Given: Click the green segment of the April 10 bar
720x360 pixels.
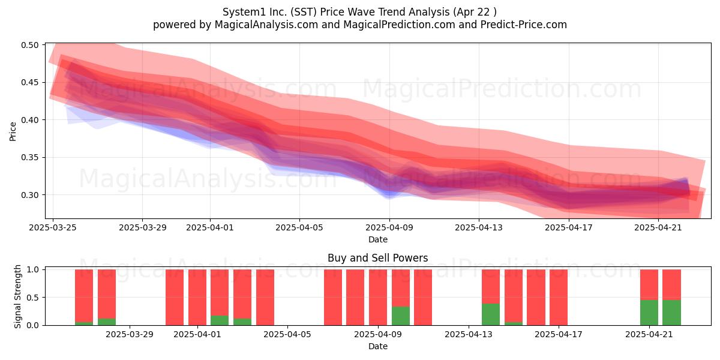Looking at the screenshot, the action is pos(401,316).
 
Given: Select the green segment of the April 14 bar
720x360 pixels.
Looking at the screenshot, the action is pos(491,314).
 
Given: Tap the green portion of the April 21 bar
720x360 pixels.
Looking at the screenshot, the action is pos(649,313).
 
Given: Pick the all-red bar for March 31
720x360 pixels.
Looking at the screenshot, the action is pos(175,298).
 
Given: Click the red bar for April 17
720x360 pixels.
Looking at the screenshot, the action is pos(559,298).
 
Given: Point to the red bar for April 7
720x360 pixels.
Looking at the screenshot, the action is pos(333,298).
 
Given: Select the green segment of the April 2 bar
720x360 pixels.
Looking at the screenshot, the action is pos(220,320).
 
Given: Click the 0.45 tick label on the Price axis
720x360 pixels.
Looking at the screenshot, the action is pos(30,83).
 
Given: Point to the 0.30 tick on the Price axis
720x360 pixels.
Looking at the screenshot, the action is pos(30,195).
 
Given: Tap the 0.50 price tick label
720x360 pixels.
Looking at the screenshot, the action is pos(30,45).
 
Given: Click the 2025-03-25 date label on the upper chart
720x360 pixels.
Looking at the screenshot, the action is pos(53,227).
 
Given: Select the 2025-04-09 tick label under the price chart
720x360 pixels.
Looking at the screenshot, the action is pos(389,227).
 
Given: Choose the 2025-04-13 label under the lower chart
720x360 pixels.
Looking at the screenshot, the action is pos(469,334).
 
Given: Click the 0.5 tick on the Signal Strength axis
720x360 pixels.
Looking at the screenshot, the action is pos(32,298).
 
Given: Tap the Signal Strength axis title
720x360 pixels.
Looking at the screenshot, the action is pos(17,296).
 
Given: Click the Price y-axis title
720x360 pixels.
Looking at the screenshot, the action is pos(13,132).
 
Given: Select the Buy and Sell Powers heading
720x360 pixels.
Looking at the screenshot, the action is pos(377,258).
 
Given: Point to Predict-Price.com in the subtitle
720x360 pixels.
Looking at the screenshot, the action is pos(524,25).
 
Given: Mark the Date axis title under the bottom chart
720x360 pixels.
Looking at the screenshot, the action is pos(378,347).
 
